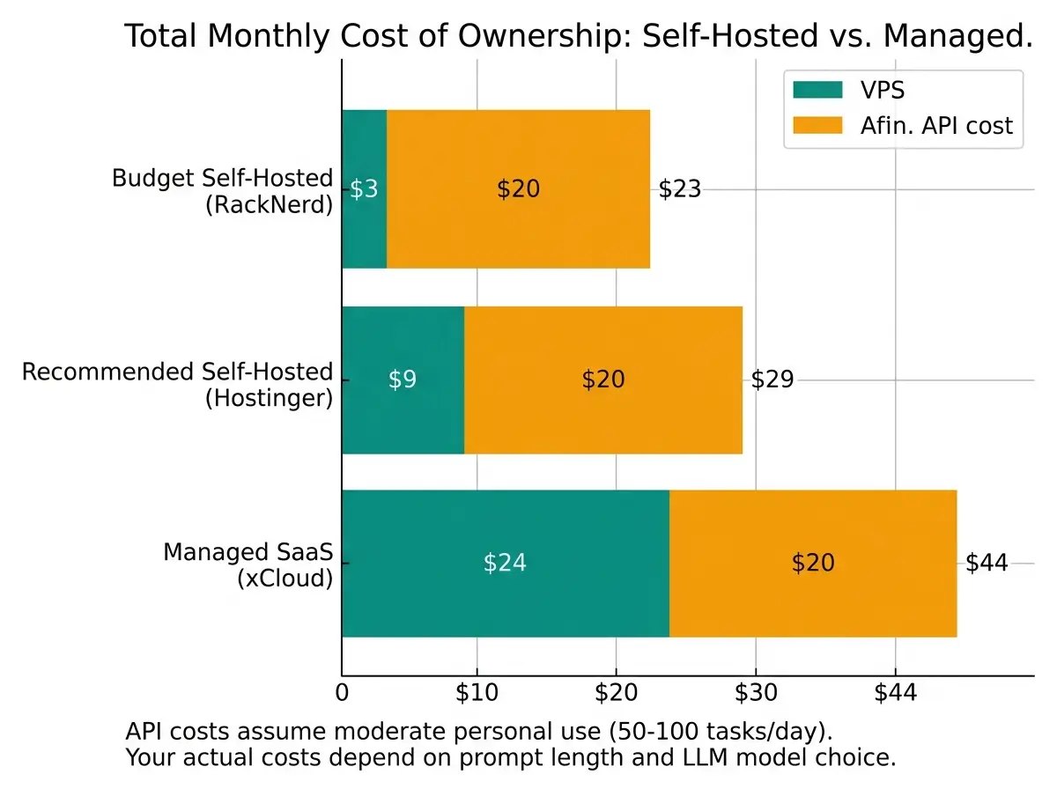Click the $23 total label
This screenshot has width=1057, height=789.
click(680, 189)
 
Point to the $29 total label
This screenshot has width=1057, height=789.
click(772, 380)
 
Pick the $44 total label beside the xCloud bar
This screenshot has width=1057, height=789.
click(987, 563)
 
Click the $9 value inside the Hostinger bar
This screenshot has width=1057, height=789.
click(403, 380)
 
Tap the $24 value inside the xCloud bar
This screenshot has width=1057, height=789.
click(505, 563)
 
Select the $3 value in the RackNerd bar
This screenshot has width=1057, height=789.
click(364, 189)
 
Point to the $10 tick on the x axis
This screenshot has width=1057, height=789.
click(477, 693)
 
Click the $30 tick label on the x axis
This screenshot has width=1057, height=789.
click(756, 693)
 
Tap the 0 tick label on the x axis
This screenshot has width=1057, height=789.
click(342, 693)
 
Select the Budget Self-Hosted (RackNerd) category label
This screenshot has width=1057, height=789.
click(222, 191)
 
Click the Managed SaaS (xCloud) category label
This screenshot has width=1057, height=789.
click(248, 565)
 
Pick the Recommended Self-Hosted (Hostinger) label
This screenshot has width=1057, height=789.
click(178, 384)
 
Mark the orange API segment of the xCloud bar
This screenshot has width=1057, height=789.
click(812, 563)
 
